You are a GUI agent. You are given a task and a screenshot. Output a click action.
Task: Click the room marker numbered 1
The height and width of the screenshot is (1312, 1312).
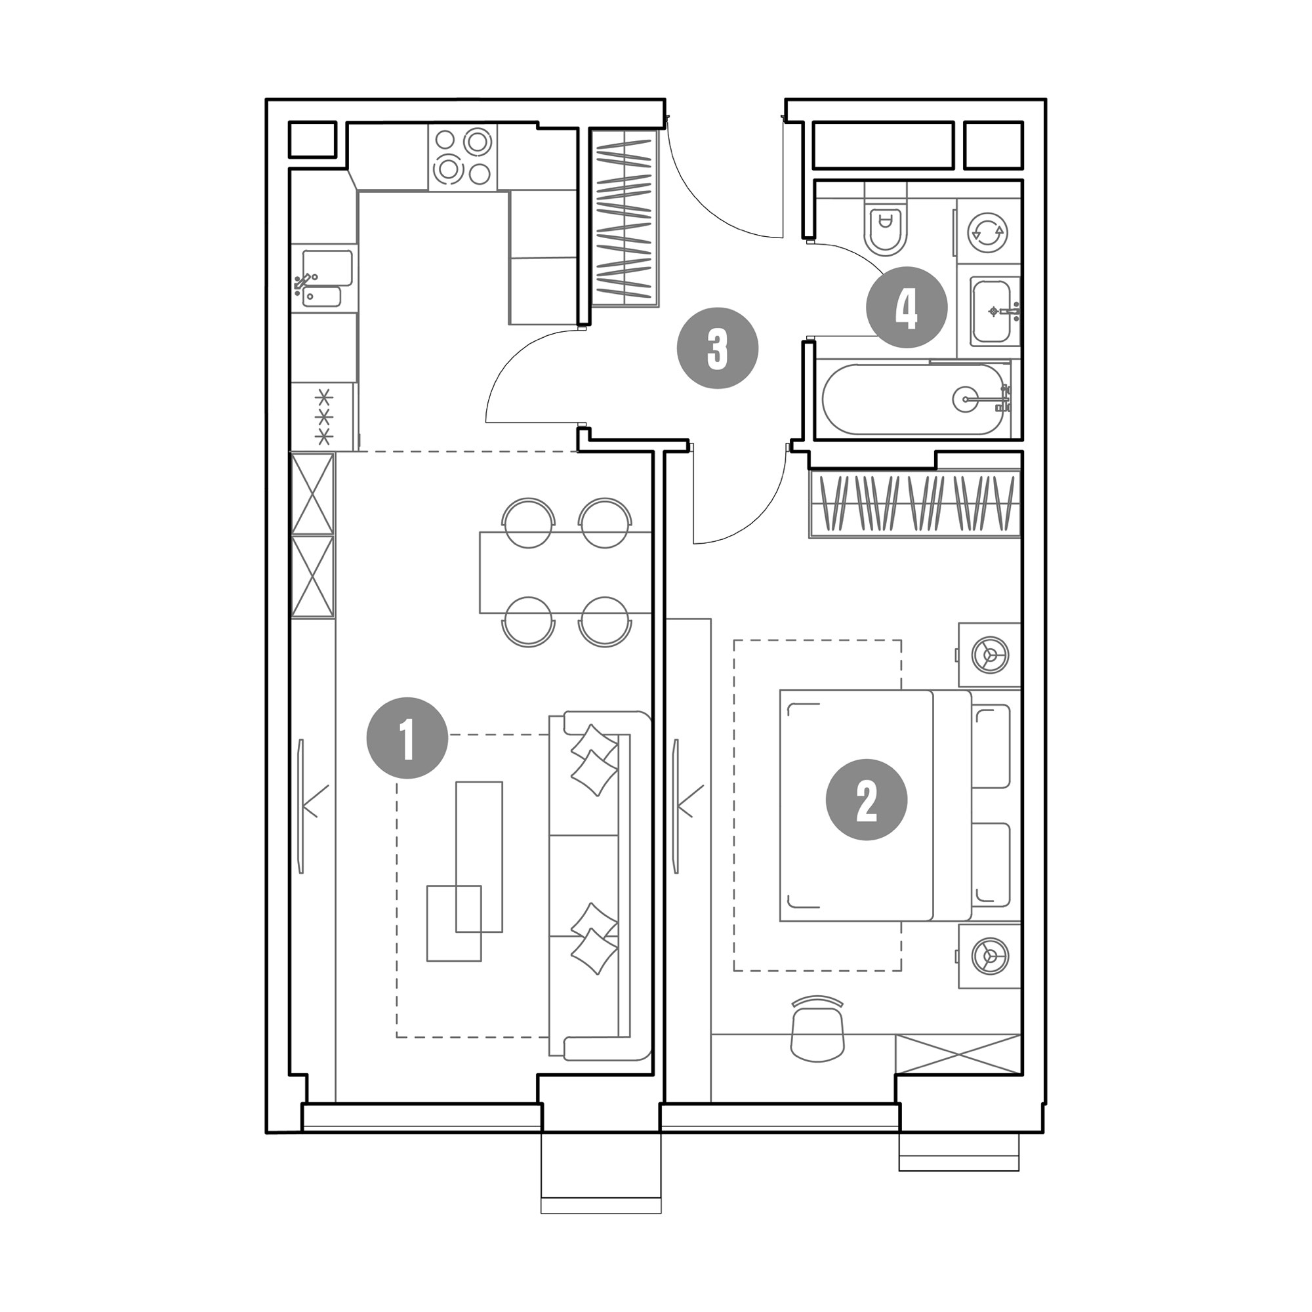coord(407,737)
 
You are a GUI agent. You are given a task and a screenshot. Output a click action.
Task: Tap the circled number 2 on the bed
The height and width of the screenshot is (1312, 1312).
coord(867,799)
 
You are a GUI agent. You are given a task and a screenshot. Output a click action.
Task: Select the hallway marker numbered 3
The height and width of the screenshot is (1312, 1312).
coord(718,348)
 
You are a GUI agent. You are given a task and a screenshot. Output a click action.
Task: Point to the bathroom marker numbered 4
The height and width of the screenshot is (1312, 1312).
coord(907,307)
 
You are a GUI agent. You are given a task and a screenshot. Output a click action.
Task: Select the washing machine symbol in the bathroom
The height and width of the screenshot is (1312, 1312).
coord(987,232)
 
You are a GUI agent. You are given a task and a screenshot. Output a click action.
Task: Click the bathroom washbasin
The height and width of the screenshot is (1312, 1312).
coord(995,311)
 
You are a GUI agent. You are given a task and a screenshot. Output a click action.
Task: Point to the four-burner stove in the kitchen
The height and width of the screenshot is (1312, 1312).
coord(462,156)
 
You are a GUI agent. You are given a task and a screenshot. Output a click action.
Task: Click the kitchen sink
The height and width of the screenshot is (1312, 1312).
coord(325,278)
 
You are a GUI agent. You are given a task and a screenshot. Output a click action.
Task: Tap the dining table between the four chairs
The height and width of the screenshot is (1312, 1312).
coord(565,573)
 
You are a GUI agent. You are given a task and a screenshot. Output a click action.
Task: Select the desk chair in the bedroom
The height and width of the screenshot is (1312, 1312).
coord(817,1029)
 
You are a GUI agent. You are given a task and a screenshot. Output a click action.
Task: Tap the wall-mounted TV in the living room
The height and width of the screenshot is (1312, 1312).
coord(302,806)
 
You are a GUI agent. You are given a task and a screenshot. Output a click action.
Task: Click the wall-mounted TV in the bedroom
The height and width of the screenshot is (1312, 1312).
coord(676,806)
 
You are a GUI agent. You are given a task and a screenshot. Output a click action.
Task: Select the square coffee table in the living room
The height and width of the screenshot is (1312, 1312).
coord(454,923)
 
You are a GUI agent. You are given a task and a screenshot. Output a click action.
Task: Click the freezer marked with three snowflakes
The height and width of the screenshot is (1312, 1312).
coord(324,417)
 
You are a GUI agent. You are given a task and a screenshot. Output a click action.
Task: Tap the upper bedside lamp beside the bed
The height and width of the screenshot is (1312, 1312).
coord(989,655)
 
